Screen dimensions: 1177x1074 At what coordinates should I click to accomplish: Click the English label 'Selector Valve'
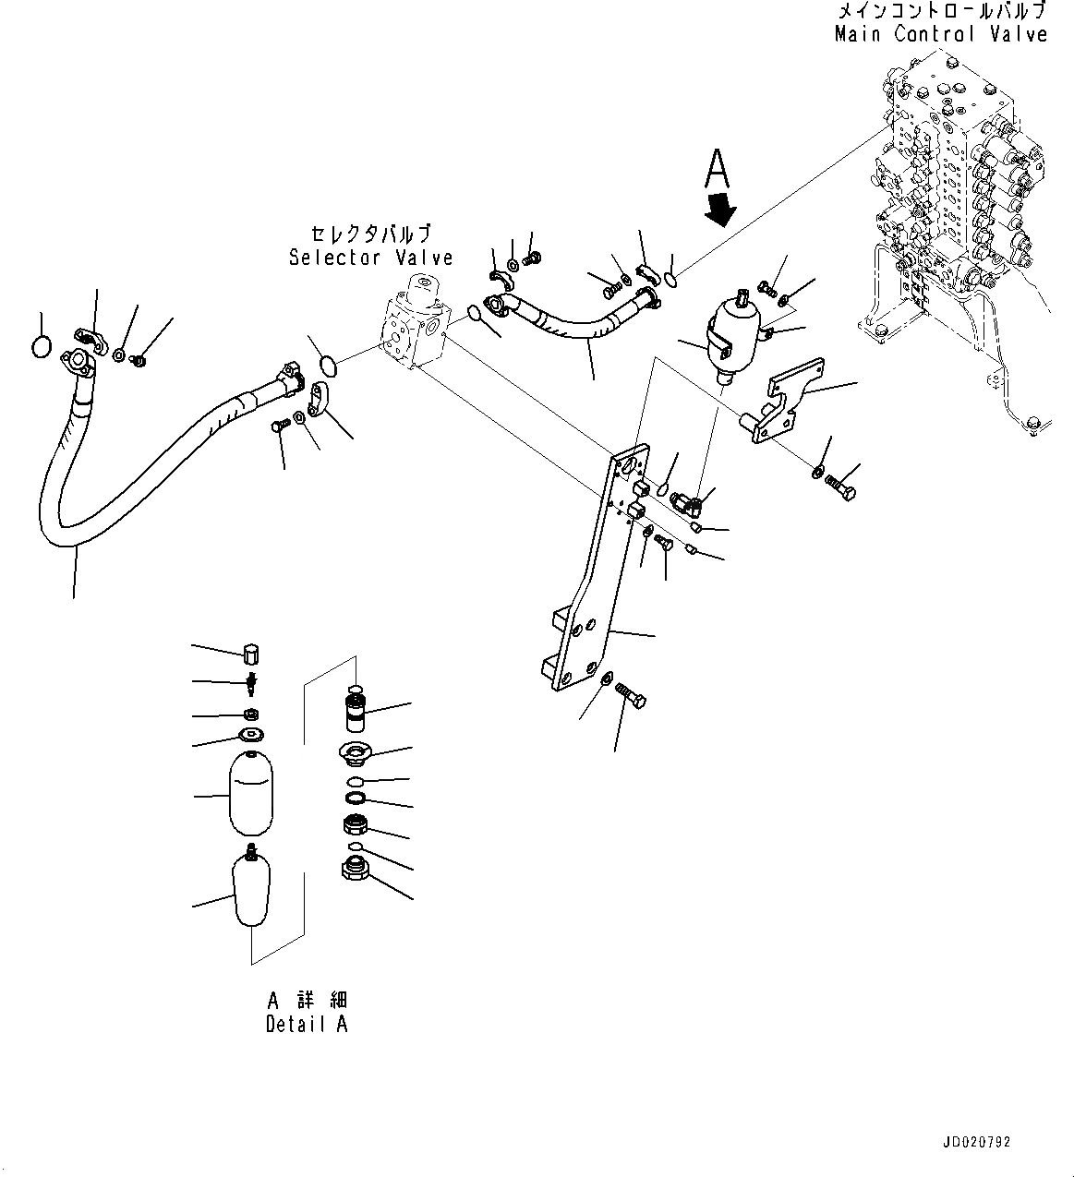point(370,258)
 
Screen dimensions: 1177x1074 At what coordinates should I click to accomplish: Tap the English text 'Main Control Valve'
point(940,35)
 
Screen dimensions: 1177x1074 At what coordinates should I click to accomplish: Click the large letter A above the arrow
point(718,171)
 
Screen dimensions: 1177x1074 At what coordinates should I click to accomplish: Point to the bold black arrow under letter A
point(719,210)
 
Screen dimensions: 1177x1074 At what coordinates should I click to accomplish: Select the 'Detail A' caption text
point(307,1024)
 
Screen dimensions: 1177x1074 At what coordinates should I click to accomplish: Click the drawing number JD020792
point(977,1142)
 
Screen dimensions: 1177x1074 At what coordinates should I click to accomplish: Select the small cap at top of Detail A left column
point(252,655)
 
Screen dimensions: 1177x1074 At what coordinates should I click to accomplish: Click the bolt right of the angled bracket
point(840,486)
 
